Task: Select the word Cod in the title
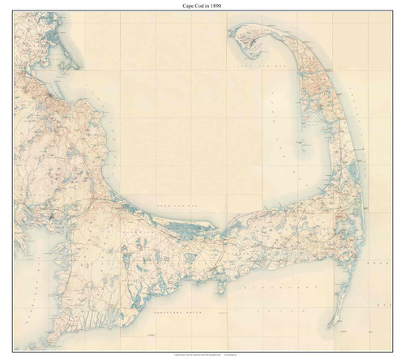tap(201, 6)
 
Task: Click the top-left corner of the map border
tap(13, 13)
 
